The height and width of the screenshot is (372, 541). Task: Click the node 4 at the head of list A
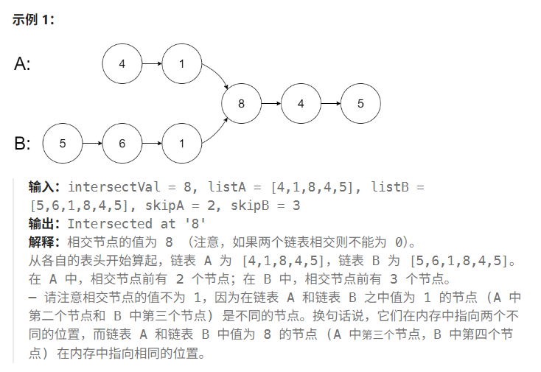[122, 63]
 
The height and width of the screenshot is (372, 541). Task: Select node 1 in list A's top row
[181, 63]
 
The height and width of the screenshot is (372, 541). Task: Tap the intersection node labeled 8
[241, 104]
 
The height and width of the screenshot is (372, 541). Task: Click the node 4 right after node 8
[301, 104]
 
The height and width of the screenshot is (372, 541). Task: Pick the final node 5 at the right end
[360, 104]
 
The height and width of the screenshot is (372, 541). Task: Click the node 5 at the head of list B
[62, 144]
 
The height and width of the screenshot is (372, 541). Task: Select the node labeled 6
[122, 144]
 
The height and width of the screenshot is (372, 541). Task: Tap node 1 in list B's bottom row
[181, 144]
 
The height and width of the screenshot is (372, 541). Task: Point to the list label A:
[23, 64]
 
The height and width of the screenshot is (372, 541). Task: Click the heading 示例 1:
[34, 19]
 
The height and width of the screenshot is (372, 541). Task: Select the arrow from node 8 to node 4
[270, 104]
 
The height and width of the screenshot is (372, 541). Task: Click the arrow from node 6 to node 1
[151, 144]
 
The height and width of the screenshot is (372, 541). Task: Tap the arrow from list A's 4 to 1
[151, 63]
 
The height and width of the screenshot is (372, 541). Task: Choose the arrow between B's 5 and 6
[91, 144]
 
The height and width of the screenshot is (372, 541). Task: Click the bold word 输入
[43, 187]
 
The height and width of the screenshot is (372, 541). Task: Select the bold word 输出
[43, 223]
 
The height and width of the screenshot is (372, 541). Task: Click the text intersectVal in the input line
[111, 187]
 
